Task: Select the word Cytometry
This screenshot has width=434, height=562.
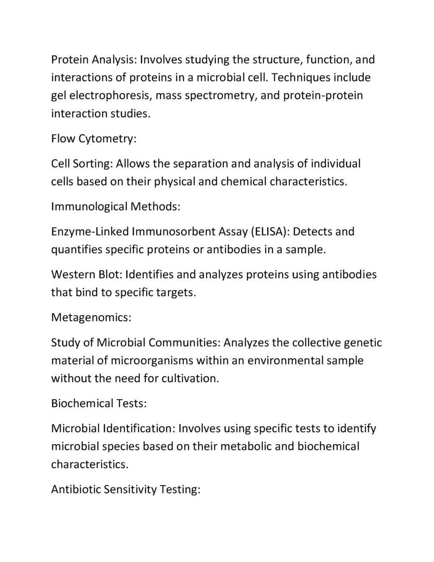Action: (x=107, y=139)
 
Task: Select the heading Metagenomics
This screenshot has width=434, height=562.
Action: (x=91, y=318)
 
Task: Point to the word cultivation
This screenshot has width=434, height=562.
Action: (x=190, y=378)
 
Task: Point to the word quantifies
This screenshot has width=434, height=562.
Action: (x=77, y=249)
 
